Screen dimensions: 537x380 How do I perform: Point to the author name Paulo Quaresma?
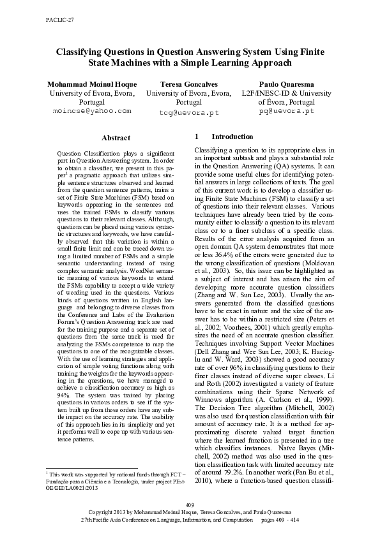[x=286, y=84]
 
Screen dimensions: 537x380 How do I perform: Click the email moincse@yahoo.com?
[x=91, y=110]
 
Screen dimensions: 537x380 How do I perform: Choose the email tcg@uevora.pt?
[x=188, y=112]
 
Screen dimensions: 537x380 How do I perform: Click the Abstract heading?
[x=116, y=138]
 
